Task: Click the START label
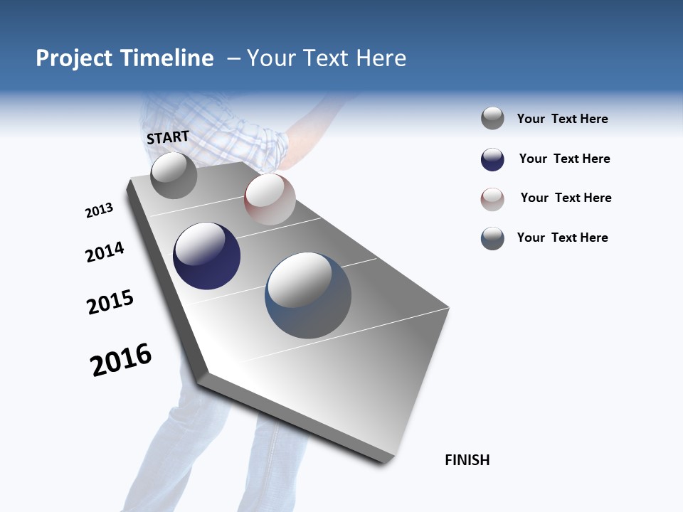coord(168,137)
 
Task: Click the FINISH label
coord(467,460)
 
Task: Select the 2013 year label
coord(99,210)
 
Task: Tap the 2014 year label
coord(105,252)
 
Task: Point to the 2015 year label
coord(110,302)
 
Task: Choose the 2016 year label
coord(121,360)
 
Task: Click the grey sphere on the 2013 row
coord(174,175)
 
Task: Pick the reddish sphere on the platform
coord(270,199)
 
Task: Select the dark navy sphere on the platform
coord(207,256)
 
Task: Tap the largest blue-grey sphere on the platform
coord(308,295)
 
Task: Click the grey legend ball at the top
coord(492,119)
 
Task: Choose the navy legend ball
coord(492,159)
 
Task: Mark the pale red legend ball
coord(492,199)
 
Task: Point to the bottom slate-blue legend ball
coord(492,238)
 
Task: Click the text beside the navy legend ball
coord(564,159)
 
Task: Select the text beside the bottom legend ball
coord(562,238)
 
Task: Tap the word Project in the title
coord(75,58)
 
